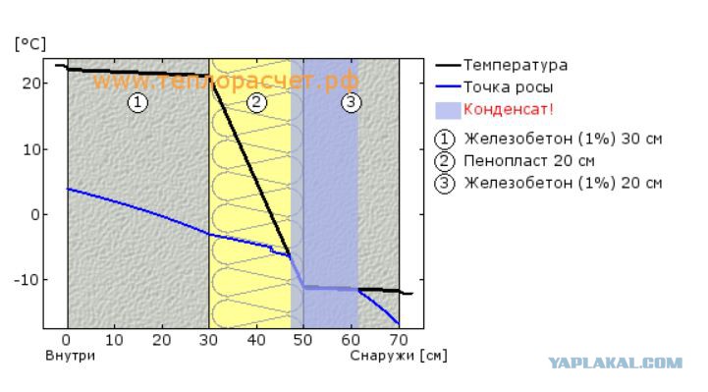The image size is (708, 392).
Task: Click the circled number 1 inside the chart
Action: [x=137, y=102]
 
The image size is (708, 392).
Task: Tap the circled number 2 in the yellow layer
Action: [x=256, y=102]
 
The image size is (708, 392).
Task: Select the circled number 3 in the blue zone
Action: [x=351, y=102]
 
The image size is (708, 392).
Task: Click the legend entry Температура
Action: [x=516, y=65]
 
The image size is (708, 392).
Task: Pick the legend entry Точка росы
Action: [x=508, y=87]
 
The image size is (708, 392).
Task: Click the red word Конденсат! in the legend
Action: [x=509, y=109]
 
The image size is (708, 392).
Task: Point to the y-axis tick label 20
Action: [x=31, y=84]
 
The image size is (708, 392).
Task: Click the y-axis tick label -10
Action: [x=27, y=280]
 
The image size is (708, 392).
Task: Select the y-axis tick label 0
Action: [x=35, y=214]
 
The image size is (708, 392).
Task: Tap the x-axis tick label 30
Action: [x=208, y=340]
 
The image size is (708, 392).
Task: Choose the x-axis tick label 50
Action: [x=303, y=340]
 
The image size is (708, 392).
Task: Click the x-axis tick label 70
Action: [x=399, y=340]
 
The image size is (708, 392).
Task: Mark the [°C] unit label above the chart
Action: [x=30, y=44]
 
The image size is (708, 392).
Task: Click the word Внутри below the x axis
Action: [x=70, y=356]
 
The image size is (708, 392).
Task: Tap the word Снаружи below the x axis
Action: [x=382, y=356]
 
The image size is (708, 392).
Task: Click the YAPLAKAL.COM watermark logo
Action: [x=616, y=363]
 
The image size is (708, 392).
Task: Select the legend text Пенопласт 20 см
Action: [x=529, y=161]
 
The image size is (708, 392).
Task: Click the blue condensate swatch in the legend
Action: [x=448, y=110]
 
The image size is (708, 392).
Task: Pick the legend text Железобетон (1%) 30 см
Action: [x=563, y=139]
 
